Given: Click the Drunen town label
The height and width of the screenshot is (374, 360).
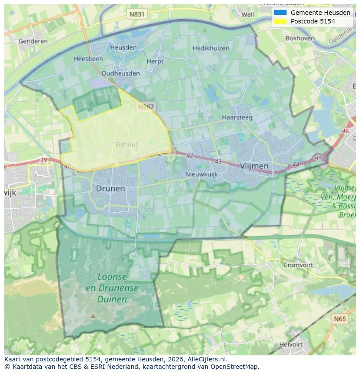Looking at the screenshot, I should tap(110, 189).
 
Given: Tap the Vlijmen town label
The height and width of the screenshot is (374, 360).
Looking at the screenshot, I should tap(254, 166).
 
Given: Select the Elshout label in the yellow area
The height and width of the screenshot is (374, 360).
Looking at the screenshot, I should tap(127, 144).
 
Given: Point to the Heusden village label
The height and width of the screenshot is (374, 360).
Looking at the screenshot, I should tap(123, 47).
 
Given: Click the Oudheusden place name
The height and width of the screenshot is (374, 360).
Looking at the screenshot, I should tap(120, 73).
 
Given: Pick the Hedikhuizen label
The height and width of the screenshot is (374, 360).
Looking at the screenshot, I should tap(211, 48).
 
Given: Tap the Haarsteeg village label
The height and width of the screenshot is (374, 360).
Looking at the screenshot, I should tap(237, 117).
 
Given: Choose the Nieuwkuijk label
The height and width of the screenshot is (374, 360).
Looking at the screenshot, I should tap(201, 174).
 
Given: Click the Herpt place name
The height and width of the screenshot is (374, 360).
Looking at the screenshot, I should tap(155, 61).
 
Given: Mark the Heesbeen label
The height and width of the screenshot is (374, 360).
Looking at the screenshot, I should tap(88, 59).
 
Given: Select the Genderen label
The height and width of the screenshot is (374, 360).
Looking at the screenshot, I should tap(33, 41).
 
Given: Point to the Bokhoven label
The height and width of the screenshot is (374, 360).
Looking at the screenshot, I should tap(300, 38).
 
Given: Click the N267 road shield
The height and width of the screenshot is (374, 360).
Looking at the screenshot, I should tap(146, 106).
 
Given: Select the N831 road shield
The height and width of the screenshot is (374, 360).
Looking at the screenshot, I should tap(137, 14).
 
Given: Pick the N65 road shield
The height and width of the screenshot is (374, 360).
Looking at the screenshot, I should tap(340, 319).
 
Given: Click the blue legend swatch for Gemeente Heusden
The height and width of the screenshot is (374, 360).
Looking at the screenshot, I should tap(280, 13).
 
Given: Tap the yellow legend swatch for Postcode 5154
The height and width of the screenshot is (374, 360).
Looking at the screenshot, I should tap(280, 21).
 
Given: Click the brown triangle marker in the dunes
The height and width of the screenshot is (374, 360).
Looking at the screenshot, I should tap(92, 316).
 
